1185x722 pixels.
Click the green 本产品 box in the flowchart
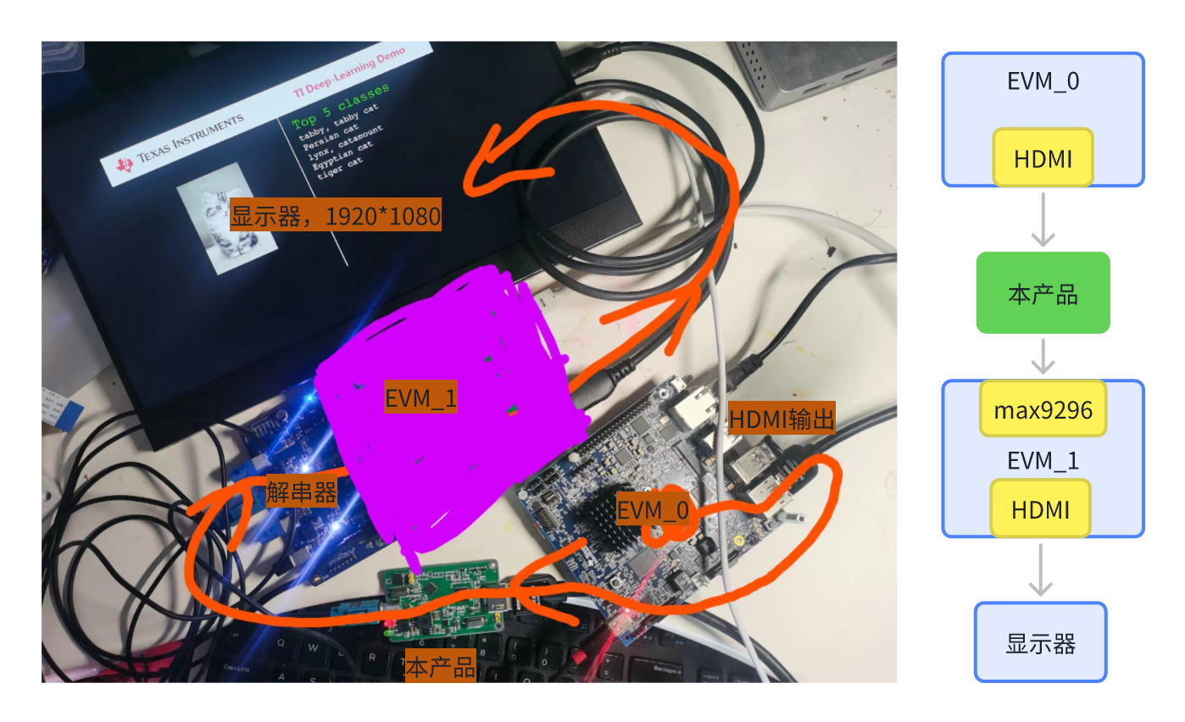click(1043, 292)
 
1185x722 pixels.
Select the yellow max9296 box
click(1043, 410)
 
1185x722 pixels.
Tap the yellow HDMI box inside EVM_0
click(1043, 158)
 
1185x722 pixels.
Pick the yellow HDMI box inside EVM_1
click(1040, 508)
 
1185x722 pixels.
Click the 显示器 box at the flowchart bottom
click(1040, 643)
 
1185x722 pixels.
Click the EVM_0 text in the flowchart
click(1043, 82)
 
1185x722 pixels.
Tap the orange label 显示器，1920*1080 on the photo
click(336, 216)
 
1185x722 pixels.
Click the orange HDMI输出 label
click(782, 419)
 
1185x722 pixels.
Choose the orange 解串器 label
click(302, 492)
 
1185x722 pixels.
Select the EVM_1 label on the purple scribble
click(421, 397)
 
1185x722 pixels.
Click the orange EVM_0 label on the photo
click(652, 510)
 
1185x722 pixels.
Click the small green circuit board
click(442, 601)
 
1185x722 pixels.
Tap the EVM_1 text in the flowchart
click(1043, 460)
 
